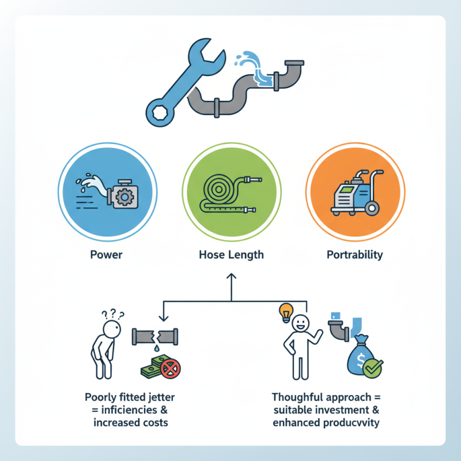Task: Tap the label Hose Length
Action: pyautogui.click(x=231, y=254)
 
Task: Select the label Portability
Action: pyautogui.click(x=354, y=254)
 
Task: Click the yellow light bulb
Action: pyautogui.click(x=284, y=312)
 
